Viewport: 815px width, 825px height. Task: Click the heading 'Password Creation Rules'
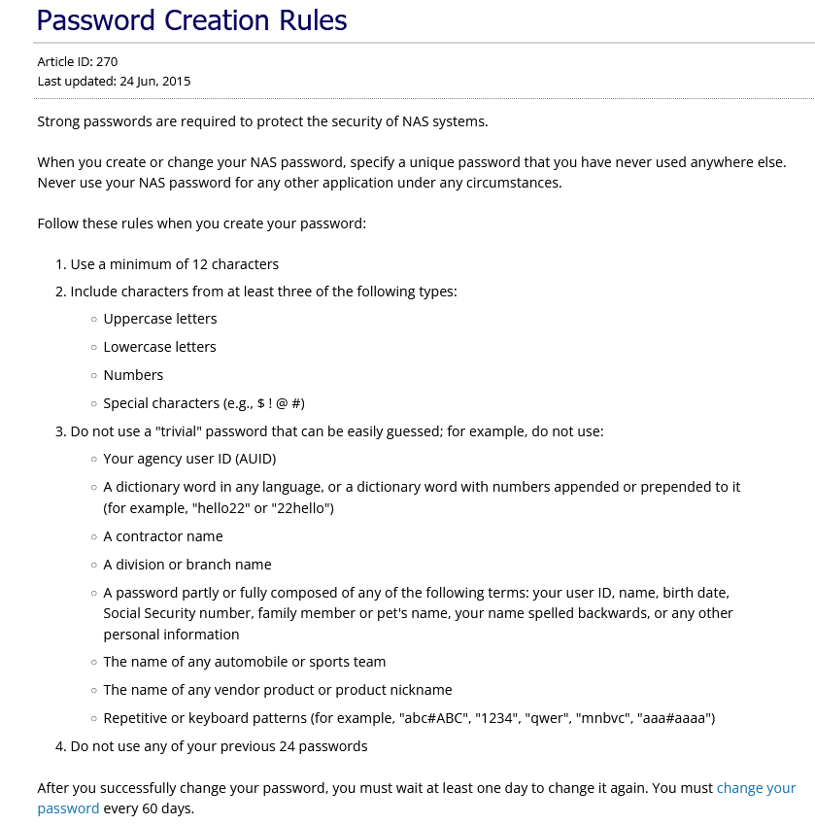(191, 19)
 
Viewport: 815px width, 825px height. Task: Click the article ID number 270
(107, 62)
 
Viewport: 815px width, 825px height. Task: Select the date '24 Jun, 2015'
(155, 81)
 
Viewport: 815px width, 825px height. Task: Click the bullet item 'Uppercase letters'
(159, 319)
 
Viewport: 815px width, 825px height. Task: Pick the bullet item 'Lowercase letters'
(159, 347)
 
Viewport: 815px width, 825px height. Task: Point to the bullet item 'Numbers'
(133, 375)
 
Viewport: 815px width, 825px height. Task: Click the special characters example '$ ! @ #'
(281, 403)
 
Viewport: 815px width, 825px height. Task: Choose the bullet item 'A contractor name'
(163, 536)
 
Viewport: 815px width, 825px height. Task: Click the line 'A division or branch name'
(187, 565)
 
